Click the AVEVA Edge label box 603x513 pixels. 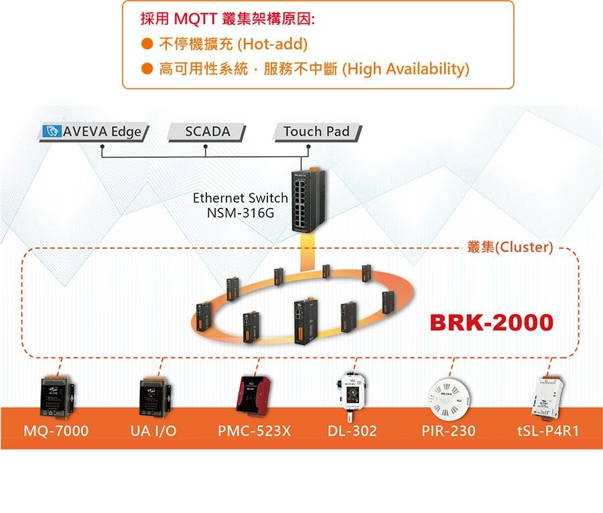pos(94,132)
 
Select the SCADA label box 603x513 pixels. pos(207,132)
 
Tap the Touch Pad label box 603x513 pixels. pos(318,132)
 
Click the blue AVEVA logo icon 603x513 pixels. pos(52,131)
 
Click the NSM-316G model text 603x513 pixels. pos(241,213)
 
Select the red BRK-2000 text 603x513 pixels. pos(492,323)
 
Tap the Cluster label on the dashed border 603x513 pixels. pos(510,247)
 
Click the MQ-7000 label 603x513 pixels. pos(56,431)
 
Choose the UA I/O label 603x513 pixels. pos(153,431)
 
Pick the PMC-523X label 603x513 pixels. pos(254,431)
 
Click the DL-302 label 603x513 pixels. pos(352,431)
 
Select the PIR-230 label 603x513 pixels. pos(448,431)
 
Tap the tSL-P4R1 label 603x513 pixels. pos(548,431)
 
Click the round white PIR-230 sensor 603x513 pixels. pos(449,400)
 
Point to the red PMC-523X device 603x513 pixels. pos(253,395)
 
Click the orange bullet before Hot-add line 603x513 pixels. pos(147,44)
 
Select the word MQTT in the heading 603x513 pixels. pos(196,19)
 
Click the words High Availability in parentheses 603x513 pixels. pos(406,69)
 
